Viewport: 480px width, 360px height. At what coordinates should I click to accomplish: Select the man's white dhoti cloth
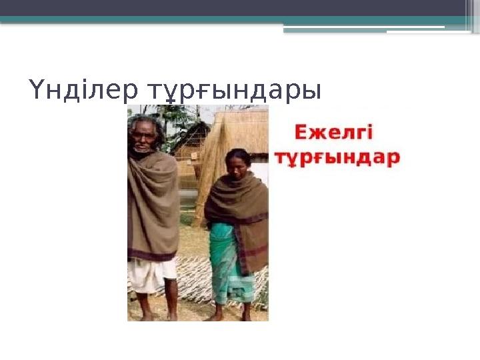tap(151, 274)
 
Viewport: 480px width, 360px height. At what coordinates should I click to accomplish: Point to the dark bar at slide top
tap(240, 7)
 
